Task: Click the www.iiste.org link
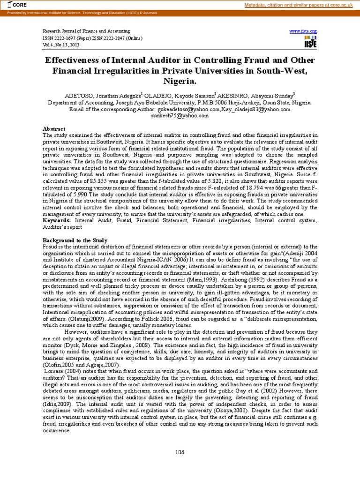pyautogui.click(x=303, y=30)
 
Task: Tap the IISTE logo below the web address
pyautogui.click(x=310, y=41)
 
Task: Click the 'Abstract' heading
pyautogui.click(x=54, y=129)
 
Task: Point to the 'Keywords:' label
pyautogui.click(x=57, y=220)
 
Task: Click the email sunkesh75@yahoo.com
pyautogui.click(x=180, y=115)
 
